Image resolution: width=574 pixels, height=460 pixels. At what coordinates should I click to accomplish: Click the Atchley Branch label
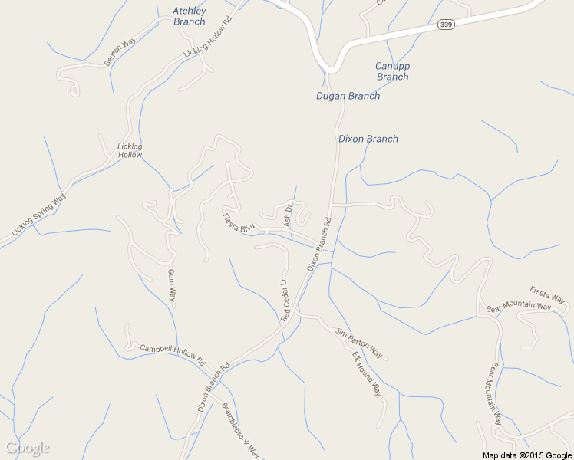coord(189,16)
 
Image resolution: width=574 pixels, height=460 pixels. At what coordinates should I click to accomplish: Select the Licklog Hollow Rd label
coord(207,44)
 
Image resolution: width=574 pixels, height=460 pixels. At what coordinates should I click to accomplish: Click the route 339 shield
coord(447,25)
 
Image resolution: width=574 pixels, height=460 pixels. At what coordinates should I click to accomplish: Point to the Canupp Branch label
coord(392,71)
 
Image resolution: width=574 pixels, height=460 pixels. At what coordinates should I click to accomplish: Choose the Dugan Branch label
coord(348,96)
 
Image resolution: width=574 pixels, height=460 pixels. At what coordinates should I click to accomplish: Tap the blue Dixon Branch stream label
coord(368,139)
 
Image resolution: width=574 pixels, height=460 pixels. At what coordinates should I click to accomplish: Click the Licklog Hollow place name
coord(130,150)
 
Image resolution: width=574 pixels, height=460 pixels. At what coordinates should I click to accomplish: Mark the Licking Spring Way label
coord(39,213)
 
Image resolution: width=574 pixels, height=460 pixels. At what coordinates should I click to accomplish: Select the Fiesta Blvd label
coord(238,222)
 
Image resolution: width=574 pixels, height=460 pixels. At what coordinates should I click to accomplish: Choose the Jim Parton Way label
coord(358,342)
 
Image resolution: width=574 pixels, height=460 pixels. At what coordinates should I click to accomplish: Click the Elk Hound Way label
coord(366,374)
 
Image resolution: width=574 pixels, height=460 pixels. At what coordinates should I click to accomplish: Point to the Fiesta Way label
coord(547,294)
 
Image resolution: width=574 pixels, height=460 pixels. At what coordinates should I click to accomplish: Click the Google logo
coord(28,448)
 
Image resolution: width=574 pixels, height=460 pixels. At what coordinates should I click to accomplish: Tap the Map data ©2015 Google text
coord(527,455)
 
